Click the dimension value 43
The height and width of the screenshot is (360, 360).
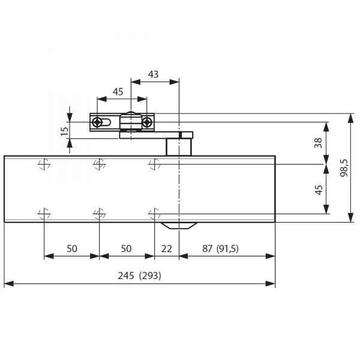153,74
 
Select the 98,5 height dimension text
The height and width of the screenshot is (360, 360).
344,167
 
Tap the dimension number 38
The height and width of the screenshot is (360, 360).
318,143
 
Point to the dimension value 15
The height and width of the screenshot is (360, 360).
65,131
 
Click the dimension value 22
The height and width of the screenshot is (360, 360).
166,248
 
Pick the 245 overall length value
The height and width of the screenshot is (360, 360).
126,275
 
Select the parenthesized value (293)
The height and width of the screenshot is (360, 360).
150,275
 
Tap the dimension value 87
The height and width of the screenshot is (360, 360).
208,248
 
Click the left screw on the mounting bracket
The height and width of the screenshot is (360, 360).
97,122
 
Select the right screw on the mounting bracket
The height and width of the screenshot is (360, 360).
147,122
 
